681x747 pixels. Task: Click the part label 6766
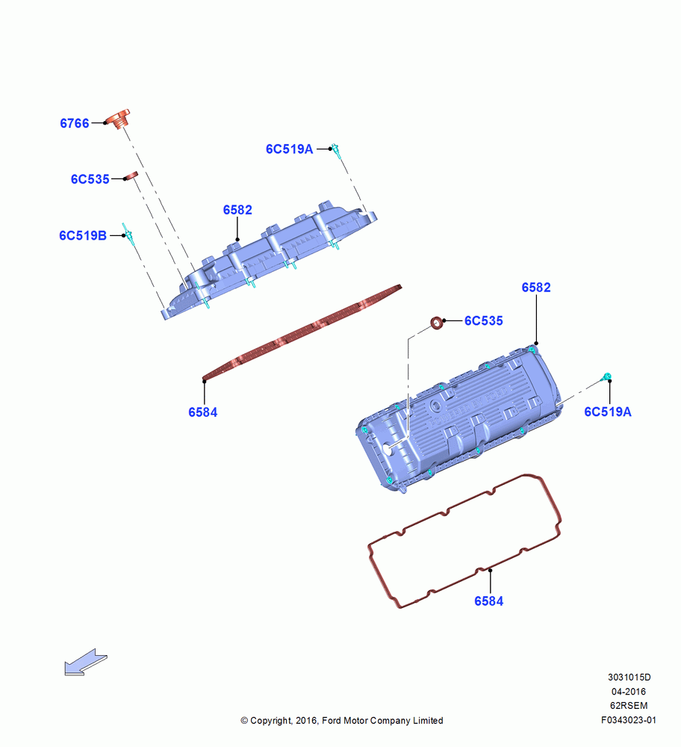pos(74,123)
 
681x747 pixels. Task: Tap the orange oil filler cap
pos(118,119)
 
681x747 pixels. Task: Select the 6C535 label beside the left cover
pos(90,179)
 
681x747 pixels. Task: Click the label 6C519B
pos(83,235)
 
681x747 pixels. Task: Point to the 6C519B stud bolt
pos(128,233)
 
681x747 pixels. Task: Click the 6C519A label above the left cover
pos(290,149)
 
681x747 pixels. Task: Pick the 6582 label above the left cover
pos(237,210)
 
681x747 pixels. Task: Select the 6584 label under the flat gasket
pos(203,412)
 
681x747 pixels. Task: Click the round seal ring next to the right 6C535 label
pos(437,323)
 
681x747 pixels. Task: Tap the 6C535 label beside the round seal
pos(484,320)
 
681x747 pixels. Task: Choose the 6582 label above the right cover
pos(535,288)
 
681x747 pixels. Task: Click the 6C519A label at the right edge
pos(608,412)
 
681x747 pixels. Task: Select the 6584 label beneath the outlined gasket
pos(488,601)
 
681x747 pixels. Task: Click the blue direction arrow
pos(86,662)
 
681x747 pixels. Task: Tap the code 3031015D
pos(629,677)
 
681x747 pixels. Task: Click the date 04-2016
pos(629,691)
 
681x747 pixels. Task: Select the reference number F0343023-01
pos(629,720)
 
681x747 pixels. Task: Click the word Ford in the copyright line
pos(332,721)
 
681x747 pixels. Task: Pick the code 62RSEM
pos(629,706)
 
